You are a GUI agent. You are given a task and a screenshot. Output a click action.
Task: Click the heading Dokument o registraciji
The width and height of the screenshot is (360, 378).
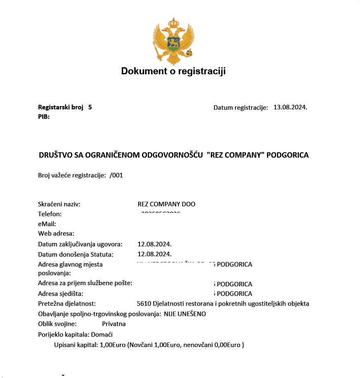pyautogui.click(x=173, y=71)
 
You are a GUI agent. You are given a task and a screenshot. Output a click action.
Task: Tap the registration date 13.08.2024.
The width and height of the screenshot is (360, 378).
pyautogui.click(x=290, y=107)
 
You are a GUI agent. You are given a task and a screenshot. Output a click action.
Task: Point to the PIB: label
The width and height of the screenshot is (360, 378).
pyautogui.click(x=44, y=117)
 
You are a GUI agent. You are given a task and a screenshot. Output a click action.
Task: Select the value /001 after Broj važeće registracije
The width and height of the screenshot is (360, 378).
pyautogui.click(x=116, y=175)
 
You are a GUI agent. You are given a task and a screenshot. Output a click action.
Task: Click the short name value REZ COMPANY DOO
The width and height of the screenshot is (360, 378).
pyautogui.click(x=166, y=204)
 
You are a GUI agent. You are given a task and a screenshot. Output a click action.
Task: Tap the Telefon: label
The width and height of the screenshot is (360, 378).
pyautogui.click(x=50, y=214)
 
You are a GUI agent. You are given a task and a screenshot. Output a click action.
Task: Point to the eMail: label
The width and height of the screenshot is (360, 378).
pyautogui.click(x=47, y=224)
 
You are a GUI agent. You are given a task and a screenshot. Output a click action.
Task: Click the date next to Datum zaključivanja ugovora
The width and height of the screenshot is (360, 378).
pyautogui.click(x=154, y=244)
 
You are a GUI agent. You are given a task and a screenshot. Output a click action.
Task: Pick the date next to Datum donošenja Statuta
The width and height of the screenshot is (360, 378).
pyautogui.click(x=154, y=254)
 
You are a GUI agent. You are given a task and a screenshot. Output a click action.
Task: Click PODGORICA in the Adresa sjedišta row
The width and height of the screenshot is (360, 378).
pyautogui.click(x=234, y=294)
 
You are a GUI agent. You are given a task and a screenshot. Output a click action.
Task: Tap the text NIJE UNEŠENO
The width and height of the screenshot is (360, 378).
pyautogui.click(x=185, y=314)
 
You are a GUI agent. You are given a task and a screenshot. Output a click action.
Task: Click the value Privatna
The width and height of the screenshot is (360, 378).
pyautogui.click(x=114, y=324)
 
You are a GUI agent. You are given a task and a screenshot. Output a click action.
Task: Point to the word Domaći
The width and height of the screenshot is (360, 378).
pyautogui.click(x=103, y=334)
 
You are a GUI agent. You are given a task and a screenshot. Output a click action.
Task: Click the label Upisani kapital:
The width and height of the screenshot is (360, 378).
pyautogui.click(x=76, y=345)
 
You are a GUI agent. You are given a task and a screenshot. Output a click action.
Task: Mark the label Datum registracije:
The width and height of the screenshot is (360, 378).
pyautogui.click(x=241, y=108)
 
